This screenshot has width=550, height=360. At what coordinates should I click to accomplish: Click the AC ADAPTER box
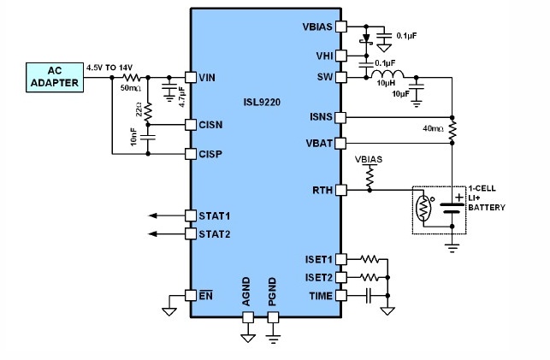click(x=55, y=78)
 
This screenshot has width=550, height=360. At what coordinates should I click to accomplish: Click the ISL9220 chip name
click(x=262, y=102)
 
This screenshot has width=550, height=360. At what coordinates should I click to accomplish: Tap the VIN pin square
click(x=191, y=78)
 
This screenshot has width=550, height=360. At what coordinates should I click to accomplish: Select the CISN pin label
click(x=210, y=125)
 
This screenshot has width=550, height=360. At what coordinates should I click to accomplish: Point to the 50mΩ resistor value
click(x=131, y=88)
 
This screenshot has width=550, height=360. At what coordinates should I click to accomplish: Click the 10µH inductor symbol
click(x=387, y=74)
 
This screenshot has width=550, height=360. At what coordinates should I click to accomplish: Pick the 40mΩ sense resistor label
click(x=433, y=128)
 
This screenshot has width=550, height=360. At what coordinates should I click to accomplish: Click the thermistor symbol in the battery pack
click(x=423, y=208)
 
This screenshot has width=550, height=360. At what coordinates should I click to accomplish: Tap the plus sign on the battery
click(x=459, y=198)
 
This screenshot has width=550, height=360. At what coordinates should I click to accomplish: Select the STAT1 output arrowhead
click(x=152, y=215)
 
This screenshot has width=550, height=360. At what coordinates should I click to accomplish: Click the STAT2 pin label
click(x=215, y=234)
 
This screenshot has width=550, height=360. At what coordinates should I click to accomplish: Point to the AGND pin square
click(x=248, y=317)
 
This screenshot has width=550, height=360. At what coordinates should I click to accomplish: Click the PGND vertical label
click(x=272, y=292)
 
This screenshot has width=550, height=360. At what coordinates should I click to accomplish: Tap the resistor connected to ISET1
click(x=370, y=259)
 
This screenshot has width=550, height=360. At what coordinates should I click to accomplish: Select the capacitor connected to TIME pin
click(x=369, y=296)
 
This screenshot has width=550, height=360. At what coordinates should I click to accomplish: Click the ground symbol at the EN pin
click(x=169, y=311)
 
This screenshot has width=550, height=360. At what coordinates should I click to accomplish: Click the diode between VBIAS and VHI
click(x=366, y=39)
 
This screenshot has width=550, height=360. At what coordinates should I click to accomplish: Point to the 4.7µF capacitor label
click(x=182, y=97)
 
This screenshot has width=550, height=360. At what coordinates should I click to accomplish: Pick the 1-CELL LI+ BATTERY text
click(x=487, y=198)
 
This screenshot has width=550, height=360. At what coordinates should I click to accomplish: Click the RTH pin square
click(x=341, y=191)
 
